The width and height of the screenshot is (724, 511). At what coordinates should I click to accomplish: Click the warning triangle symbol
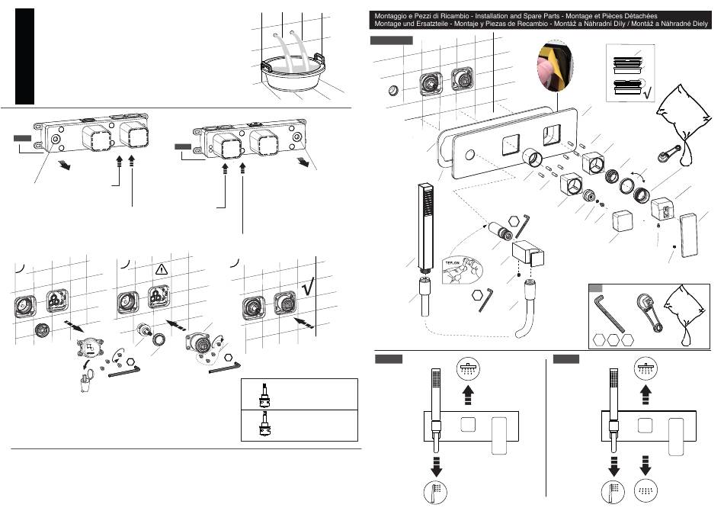162,269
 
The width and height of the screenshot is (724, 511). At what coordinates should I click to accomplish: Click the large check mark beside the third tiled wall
308,286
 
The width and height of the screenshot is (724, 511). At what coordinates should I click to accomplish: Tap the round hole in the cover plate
467,156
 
